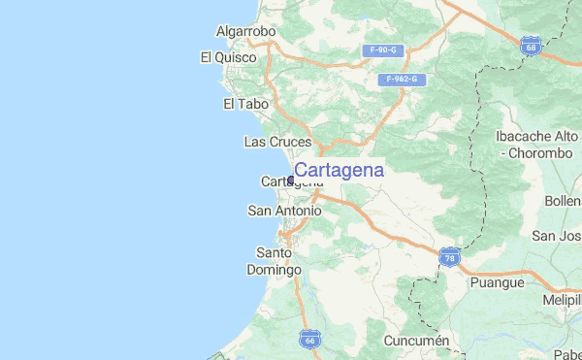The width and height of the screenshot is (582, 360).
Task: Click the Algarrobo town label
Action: tap(245, 32)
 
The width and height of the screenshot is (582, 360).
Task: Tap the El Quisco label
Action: tap(228, 57)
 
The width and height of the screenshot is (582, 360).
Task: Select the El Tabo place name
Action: tap(243, 104)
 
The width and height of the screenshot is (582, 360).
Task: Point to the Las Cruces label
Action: tap(276, 142)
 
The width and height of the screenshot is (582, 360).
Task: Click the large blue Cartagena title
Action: tap(339, 170)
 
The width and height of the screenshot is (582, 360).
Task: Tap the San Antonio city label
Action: tap(284, 211)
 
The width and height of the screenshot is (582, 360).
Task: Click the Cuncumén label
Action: tap(417, 341)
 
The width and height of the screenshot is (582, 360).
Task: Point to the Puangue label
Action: tap(496, 282)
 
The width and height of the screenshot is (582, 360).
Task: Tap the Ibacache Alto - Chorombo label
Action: tap(535, 145)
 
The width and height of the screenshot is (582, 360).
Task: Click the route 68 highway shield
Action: tap(530, 46)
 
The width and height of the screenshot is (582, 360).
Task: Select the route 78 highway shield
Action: tap(449, 257)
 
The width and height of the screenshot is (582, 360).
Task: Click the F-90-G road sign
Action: tap(381, 49)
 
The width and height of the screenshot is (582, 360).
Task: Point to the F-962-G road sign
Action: tap(400, 79)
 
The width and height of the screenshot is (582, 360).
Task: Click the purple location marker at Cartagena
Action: tap(290, 180)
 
